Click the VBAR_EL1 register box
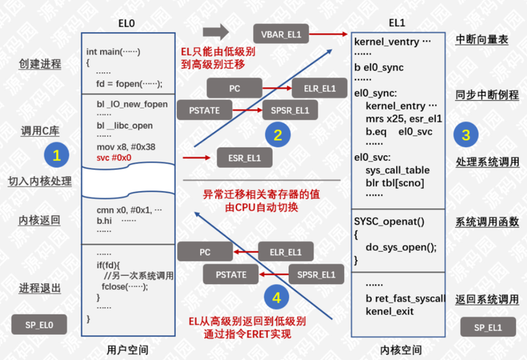click(x=281, y=34)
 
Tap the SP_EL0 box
click(x=40, y=323)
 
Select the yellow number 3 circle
click(x=466, y=134)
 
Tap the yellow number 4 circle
click(x=276, y=298)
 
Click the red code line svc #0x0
click(x=113, y=157)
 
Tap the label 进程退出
click(x=40, y=288)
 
